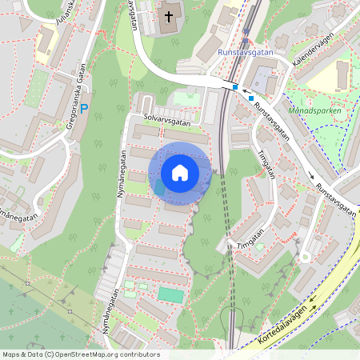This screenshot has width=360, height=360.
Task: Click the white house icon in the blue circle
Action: tap(180, 173)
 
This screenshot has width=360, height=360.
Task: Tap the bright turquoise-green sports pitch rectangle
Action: tap(170, 294)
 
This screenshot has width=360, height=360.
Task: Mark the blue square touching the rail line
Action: tap(235, 86)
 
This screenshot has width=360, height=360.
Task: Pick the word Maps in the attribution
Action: tap(11, 354)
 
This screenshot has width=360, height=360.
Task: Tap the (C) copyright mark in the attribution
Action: tap(49, 354)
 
